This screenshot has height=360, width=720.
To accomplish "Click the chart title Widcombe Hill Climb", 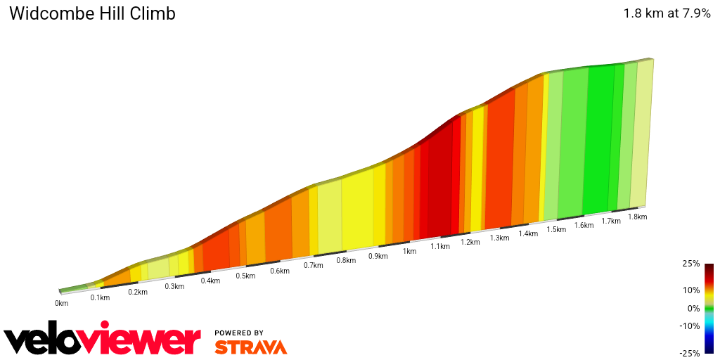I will (92, 13).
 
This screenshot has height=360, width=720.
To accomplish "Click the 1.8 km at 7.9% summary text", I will (667, 13).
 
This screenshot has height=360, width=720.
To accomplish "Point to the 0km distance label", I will (62, 303).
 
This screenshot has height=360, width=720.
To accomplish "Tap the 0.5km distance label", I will (245, 276).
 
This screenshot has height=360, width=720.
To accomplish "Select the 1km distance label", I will (409, 251).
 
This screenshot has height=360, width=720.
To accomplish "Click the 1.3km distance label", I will (499, 238).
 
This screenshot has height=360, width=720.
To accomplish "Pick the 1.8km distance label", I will (637, 217).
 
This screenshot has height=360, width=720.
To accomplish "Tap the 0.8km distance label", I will (346, 260).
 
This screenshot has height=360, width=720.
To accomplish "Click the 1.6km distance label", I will (584, 225).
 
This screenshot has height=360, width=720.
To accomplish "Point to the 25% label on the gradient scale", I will (691, 264).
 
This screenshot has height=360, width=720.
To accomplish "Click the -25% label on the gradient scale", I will (690, 353).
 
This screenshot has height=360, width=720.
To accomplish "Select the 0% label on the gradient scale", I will (693, 308).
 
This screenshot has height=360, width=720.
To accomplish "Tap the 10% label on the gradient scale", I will (691, 290).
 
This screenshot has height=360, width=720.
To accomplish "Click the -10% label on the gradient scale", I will (690, 326).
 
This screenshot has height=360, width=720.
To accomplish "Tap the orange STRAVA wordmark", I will (250, 347).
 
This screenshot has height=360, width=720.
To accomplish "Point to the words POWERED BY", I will (239, 333).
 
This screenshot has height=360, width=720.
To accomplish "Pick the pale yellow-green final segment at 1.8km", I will (641, 134).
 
